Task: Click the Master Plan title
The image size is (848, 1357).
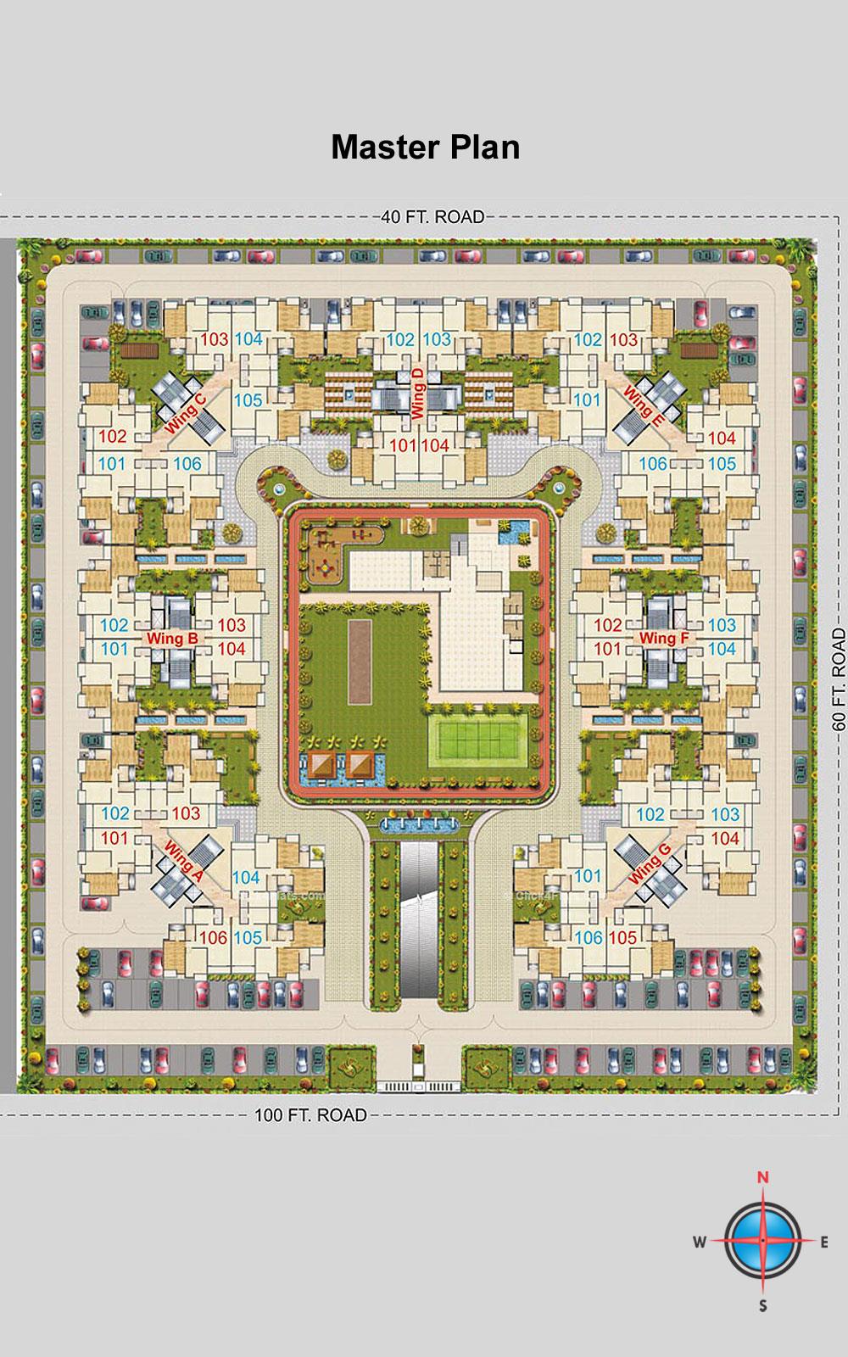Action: pyautogui.click(x=425, y=147)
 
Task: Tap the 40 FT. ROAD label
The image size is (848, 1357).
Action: pyautogui.click(x=432, y=217)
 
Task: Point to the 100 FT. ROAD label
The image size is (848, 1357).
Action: pyautogui.click(x=311, y=1114)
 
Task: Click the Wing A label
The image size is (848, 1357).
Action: pyautogui.click(x=181, y=861)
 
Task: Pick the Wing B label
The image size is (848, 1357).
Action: pyautogui.click(x=173, y=638)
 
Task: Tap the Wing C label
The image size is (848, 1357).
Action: pyautogui.click(x=187, y=414)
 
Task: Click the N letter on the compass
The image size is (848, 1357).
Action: pyautogui.click(x=762, y=1177)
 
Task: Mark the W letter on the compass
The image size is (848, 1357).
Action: pyautogui.click(x=700, y=1243)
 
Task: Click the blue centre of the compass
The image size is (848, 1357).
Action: pyautogui.click(x=763, y=1241)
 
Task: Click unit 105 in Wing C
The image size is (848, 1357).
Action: pyautogui.click(x=248, y=399)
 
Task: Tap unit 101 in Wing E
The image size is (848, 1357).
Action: pyautogui.click(x=588, y=399)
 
